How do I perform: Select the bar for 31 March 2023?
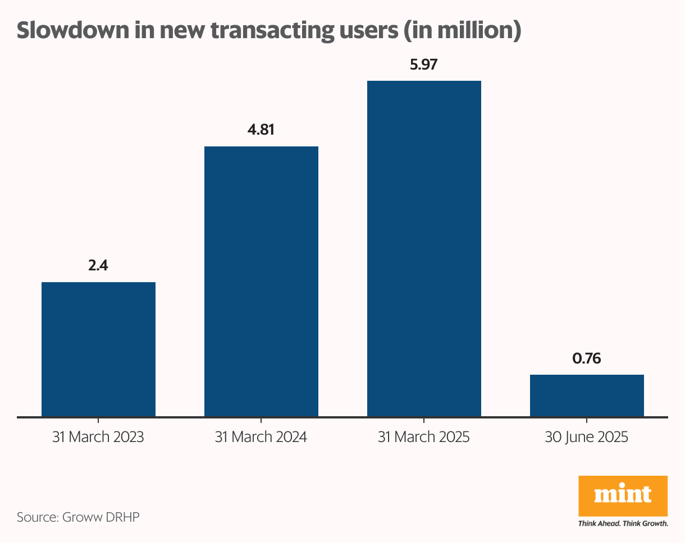[x=98, y=349]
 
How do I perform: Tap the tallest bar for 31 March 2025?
[x=424, y=249]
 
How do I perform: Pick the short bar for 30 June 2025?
[x=587, y=395]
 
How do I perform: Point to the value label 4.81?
[x=261, y=130]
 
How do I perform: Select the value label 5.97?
[x=424, y=65]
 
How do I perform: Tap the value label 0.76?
[x=587, y=358]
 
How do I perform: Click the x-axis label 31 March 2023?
[x=98, y=438]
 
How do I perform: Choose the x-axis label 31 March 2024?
[x=261, y=438]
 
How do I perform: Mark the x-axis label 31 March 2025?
[x=424, y=438]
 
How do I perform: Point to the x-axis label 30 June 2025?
[x=587, y=438]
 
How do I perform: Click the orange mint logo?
[x=623, y=495]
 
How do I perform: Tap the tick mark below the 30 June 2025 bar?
[x=587, y=420]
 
